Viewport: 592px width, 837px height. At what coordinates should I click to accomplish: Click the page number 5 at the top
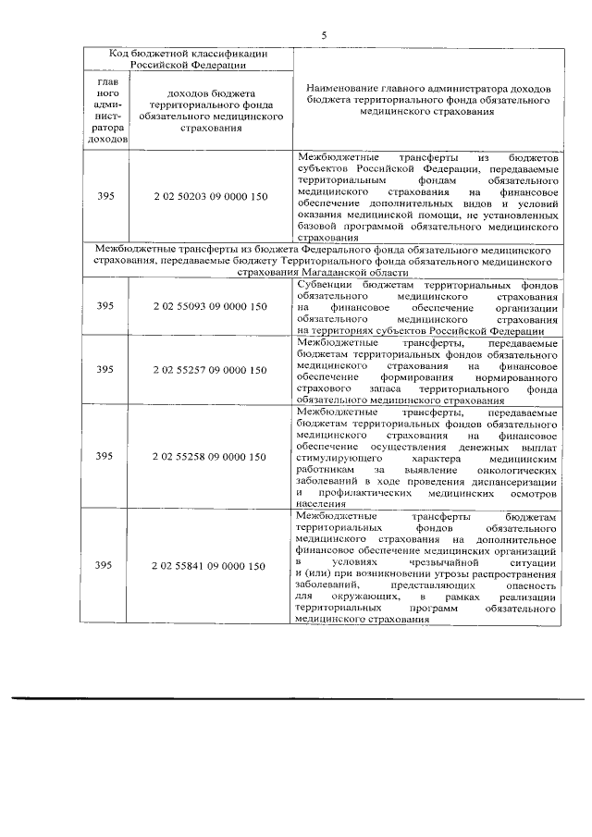point(324,35)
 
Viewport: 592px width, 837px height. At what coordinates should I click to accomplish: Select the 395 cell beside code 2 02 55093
point(105,306)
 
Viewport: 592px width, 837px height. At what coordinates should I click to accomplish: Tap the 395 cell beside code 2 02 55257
point(105,370)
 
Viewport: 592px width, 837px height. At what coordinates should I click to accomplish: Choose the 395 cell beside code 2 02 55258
point(105,456)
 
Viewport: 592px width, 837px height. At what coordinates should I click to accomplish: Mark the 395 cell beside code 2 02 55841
point(105,565)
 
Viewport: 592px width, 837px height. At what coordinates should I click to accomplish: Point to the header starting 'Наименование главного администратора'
point(427,97)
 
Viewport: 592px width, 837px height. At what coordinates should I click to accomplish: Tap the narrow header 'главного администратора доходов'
point(105,111)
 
